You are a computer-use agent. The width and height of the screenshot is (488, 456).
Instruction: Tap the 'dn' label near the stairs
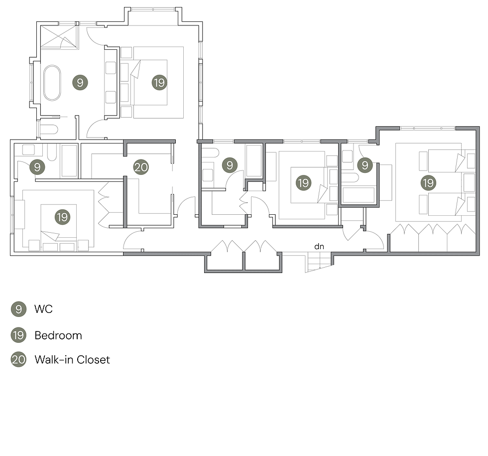pyautogui.click(x=319, y=246)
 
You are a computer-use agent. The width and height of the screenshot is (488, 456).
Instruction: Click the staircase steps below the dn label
pyautogui.click(x=317, y=262)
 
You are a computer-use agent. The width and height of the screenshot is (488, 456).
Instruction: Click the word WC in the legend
pyautogui.click(x=43, y=309)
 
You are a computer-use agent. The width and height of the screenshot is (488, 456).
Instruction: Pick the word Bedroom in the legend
pyautogui.click(x=58, y=335)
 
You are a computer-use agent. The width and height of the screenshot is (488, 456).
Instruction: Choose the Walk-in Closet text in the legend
pyautogui.click(x=72, y=359)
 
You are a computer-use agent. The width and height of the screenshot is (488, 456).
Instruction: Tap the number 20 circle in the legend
pyautogui.click(x=18, y=360)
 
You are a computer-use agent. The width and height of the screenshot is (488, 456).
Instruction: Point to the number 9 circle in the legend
pyautogui.click(x=18, y=309)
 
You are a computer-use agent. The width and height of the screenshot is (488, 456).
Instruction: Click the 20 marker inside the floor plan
pyautogui.click(x=141, y=167)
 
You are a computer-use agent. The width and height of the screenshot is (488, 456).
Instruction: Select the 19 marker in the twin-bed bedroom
pyautogui.click(x=428, y=183)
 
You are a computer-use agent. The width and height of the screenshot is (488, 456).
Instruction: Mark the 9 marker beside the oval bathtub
pyautogui.click(x=80, y=83)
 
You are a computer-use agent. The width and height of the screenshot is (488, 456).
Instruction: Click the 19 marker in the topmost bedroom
pyautogui.click(x=159, y=83)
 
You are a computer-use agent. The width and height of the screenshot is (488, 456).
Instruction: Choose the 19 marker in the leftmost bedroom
pyautogui.click(x=62, y=217)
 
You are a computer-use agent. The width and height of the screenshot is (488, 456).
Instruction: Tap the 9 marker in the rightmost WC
pyautogui.click(x=365, y=164)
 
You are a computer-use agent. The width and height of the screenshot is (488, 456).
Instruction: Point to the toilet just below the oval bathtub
pyautogui.click(x=48, y=131)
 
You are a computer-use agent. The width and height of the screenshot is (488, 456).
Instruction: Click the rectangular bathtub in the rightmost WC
pyautogui.click(x=359, y=194)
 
